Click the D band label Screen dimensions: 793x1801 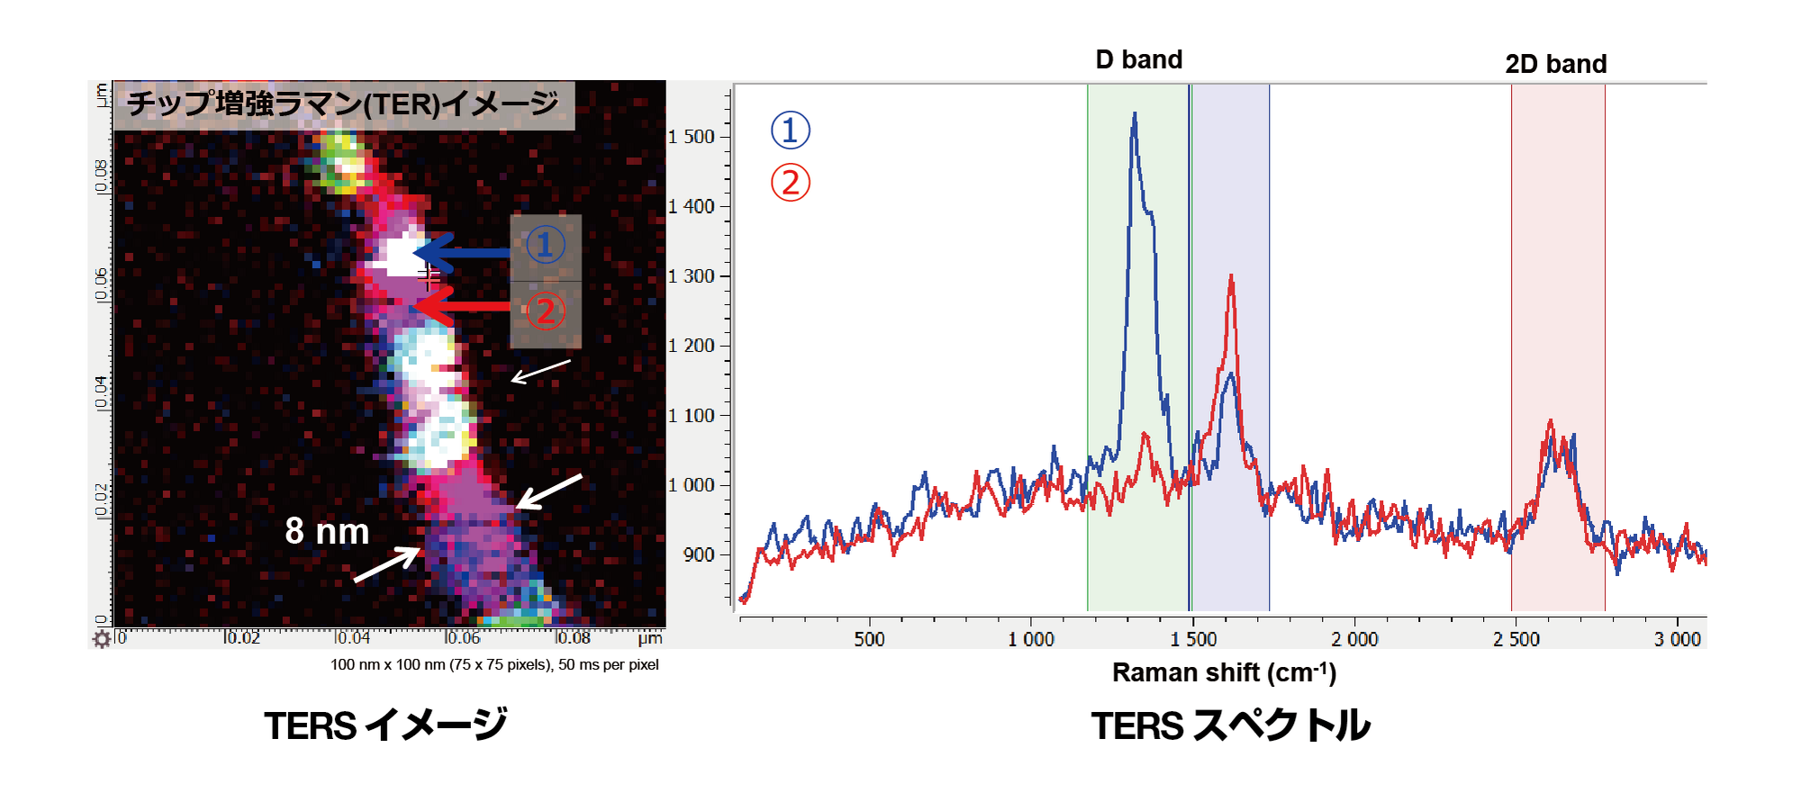pos(1138,59)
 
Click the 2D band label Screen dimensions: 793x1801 pos(1555,64)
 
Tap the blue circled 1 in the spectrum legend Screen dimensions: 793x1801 pos(790,131)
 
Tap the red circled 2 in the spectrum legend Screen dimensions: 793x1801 pos(790,183)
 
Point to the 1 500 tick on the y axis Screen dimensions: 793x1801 pos(692,137)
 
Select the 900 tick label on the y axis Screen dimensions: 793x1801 pos(699,554)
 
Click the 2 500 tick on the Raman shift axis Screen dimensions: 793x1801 pos(1516,639)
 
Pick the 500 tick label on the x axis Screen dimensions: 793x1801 pos(869,639)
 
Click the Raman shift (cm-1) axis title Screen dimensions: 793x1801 pos(1224,672)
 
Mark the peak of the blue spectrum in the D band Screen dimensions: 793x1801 pos(1135,114)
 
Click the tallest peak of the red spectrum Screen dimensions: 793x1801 pos(1231,277)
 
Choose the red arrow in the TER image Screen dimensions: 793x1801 pos(464,307)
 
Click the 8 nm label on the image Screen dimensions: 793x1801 pos(327,531)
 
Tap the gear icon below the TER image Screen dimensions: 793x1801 pos(102,639)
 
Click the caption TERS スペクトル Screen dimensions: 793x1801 pos(1230,725)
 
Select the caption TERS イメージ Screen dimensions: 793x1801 pos(385,725)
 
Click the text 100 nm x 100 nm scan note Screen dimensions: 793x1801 pos(494,664)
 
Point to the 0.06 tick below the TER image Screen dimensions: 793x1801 pos(462,638)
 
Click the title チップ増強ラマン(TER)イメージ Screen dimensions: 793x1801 pos(342,104)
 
